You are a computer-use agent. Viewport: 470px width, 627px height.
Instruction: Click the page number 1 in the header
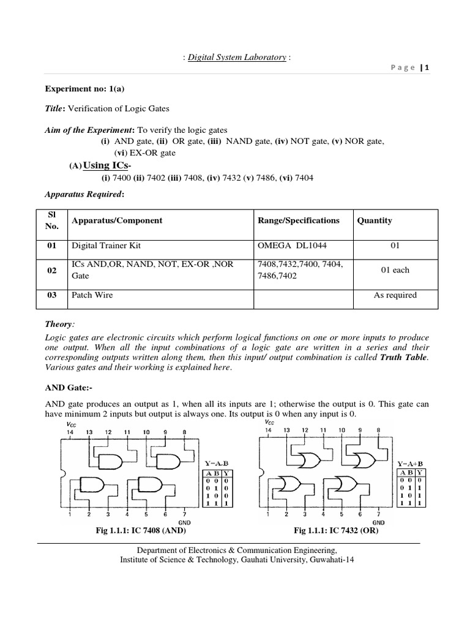pyautogui.click(x=428, y=69)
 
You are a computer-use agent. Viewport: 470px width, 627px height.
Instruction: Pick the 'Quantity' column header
pyautogui.click(x=375, y=220)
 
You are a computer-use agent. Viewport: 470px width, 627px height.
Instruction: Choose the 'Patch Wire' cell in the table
pyautogui.click(x=92, y=295)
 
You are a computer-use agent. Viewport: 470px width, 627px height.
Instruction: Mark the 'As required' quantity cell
pyautogui.click(x=395, y=295)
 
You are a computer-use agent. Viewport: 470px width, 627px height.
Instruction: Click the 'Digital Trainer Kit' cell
pyautogui.click(x=106, y=246)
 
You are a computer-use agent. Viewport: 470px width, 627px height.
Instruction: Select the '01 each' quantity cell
pyautogui.click(x=395, y=270)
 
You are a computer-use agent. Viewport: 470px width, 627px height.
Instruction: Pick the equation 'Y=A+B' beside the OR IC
pyautogui.click(x=409, y=464)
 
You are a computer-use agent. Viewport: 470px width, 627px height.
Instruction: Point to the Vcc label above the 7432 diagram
pyautogui.click(x=270, y=422)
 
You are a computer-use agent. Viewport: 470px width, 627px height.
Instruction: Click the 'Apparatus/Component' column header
pyautogui.click(x=117, y=220)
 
